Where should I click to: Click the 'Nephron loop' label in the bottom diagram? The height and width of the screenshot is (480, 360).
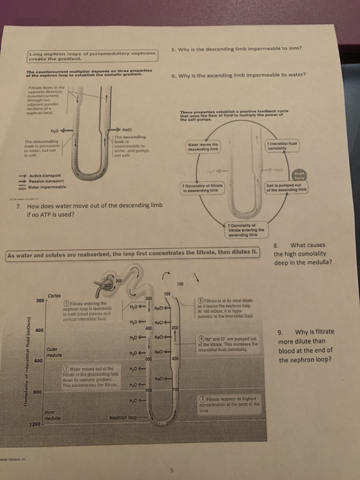(124, 416)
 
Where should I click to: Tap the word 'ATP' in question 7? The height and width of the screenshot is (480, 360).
(45, 214)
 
